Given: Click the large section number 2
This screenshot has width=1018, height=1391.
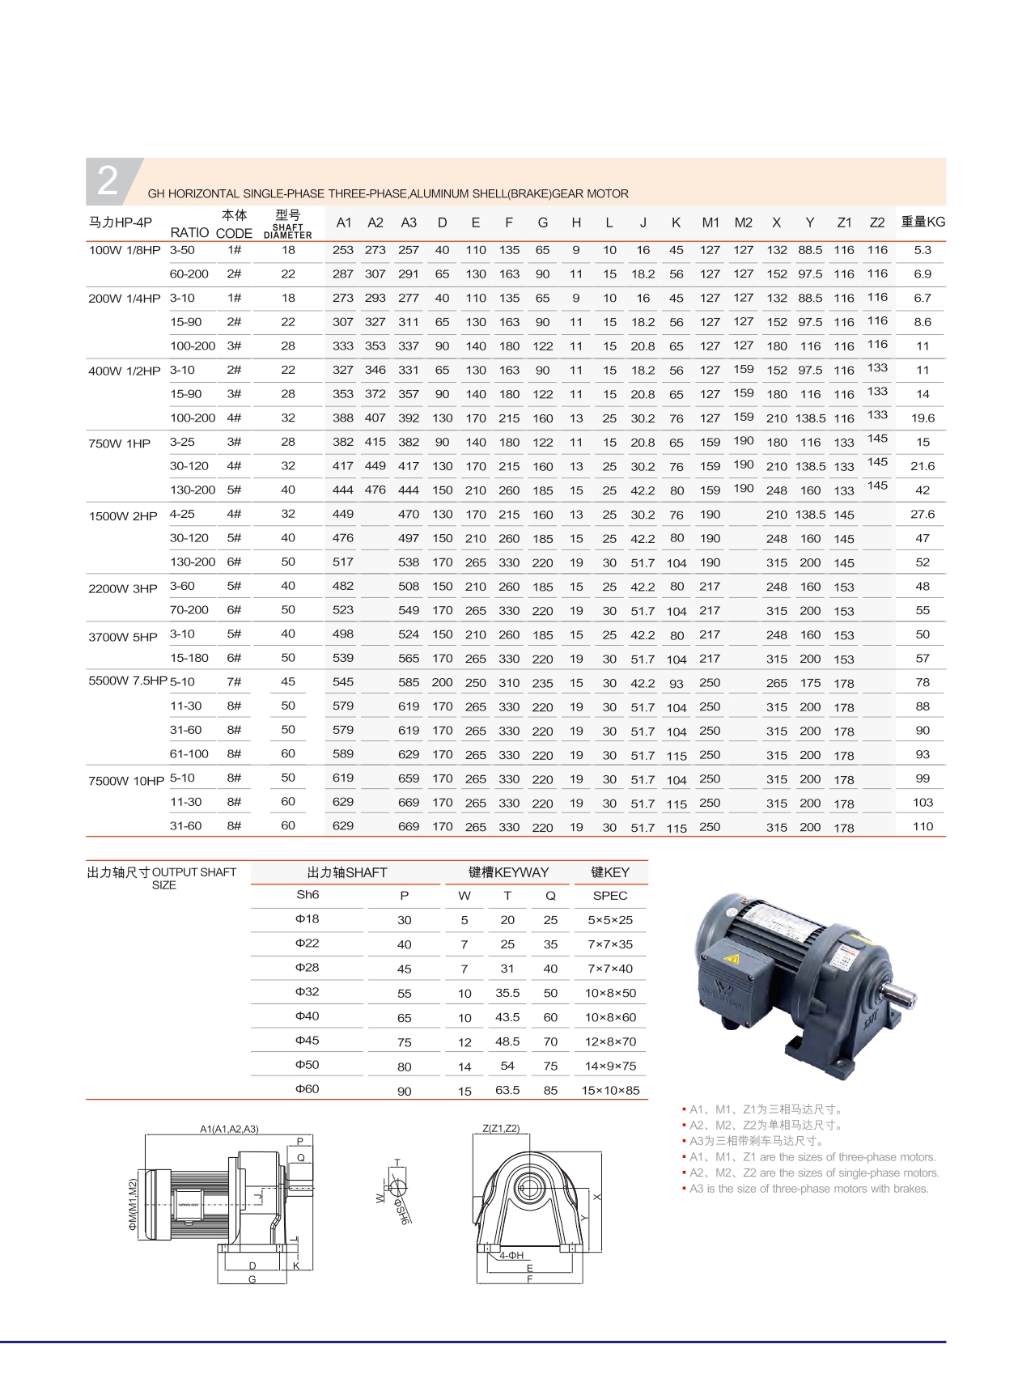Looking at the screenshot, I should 108,181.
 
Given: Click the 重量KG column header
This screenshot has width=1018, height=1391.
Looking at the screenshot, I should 923,222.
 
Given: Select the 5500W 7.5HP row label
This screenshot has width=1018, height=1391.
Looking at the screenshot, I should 127,681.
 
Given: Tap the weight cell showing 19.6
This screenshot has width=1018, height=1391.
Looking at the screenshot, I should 923,418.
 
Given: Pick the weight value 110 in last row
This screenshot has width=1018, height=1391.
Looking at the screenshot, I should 923,826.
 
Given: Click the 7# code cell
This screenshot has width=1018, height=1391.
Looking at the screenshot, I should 234,682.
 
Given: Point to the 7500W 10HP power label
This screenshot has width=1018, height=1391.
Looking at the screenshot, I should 125,781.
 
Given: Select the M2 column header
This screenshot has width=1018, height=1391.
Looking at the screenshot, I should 743,223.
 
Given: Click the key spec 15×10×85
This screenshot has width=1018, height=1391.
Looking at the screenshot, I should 610,1091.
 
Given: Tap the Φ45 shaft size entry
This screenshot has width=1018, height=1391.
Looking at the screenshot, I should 307,1041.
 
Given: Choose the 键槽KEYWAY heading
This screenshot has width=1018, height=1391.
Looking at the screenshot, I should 508,872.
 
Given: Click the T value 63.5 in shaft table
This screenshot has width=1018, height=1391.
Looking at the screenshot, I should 507,1090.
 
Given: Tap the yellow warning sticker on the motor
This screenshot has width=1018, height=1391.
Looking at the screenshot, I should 732,960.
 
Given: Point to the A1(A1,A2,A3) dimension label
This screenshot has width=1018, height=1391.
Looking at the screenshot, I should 229,1129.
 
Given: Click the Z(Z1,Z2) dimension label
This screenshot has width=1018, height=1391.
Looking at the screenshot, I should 501,1128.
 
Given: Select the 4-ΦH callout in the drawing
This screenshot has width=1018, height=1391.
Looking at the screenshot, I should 511,1256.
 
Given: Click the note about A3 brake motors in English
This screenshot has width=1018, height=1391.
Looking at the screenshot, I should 808,1189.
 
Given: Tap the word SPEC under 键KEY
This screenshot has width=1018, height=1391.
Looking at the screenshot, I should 609,896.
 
